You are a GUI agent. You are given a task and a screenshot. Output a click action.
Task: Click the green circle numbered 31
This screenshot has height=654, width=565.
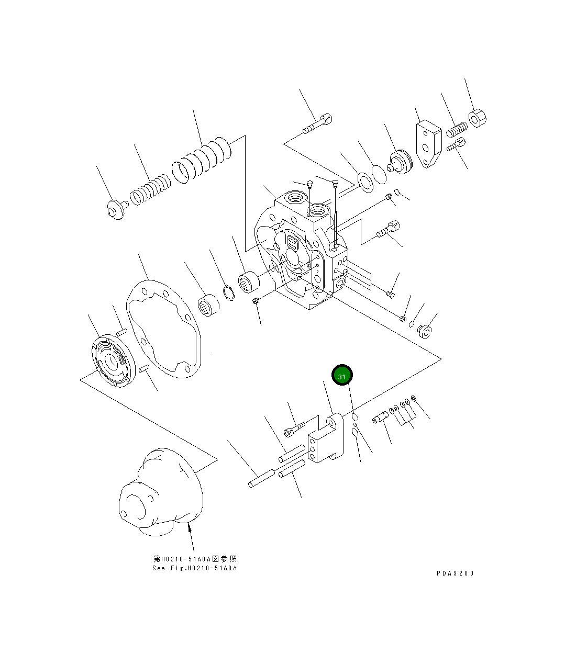(x=342, y=375)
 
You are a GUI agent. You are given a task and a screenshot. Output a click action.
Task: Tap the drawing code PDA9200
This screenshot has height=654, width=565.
(x=455, y=573)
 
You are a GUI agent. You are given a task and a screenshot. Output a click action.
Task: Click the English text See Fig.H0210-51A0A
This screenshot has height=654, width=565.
(x=194, y=568)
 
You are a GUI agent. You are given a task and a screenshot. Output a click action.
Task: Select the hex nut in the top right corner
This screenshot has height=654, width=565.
(x=478, y=118)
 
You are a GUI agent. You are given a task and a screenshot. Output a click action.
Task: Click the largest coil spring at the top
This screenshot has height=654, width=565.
(x=202, y=160)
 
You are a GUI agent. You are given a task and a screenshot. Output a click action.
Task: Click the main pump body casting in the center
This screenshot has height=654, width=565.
(x=301, y=251)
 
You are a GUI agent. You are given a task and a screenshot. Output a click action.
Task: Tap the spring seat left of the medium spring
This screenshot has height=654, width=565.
(x=114, y=209)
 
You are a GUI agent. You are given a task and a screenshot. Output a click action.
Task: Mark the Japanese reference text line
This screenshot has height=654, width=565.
(x=195, y=559)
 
